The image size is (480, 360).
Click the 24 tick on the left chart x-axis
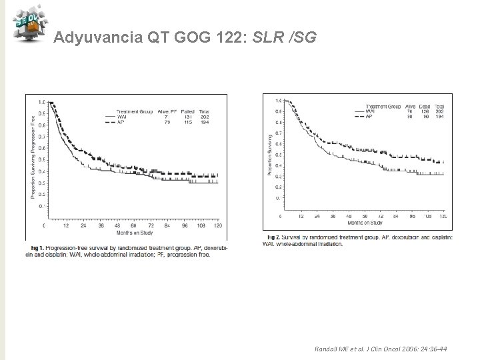84,225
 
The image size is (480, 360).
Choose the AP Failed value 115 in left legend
187,121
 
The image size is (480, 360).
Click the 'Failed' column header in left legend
187,111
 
